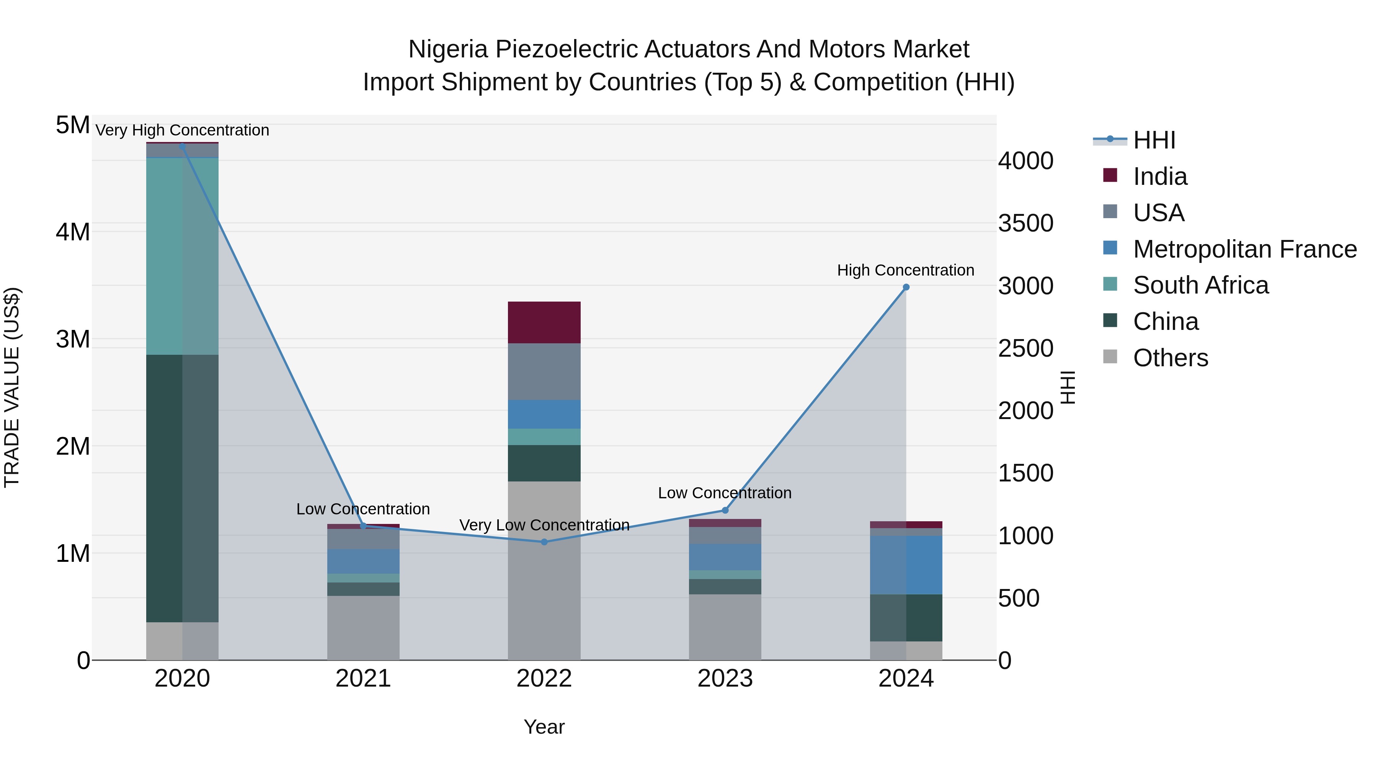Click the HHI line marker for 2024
coord(906,287)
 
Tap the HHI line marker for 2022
coord(544,542)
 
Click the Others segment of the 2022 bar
coord(544,570)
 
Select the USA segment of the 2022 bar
coord(544,372)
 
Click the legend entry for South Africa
coord(1200,285)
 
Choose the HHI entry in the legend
coord(1154,140)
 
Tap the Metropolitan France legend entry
coord(1244,249)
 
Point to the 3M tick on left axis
coord(73,339)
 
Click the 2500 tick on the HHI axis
coord(1025,348)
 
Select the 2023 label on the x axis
coord(725,679)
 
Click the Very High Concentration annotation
coord(182,130)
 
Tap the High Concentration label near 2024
coord(905,270)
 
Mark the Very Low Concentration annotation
coord(544,525)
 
